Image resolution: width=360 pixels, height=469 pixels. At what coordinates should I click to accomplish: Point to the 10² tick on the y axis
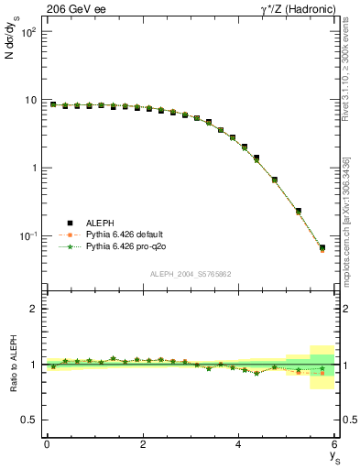pos(29,32)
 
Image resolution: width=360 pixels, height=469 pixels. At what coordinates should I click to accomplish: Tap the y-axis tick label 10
pos(31,100)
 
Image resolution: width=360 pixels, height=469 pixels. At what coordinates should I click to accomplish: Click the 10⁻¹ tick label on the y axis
pos(29,236)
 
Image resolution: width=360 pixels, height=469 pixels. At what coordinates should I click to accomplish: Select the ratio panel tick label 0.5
pos(31,420)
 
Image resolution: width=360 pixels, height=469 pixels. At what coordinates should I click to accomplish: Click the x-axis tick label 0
pos(47,444)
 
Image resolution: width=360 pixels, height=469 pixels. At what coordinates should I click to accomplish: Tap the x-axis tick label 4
pos(238,444)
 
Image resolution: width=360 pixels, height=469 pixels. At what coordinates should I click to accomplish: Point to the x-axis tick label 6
pos(334,444)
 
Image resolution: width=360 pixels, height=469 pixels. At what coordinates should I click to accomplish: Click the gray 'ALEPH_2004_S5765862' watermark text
pos(191,274)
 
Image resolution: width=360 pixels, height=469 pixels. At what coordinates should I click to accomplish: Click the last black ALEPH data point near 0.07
pos(322,247)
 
